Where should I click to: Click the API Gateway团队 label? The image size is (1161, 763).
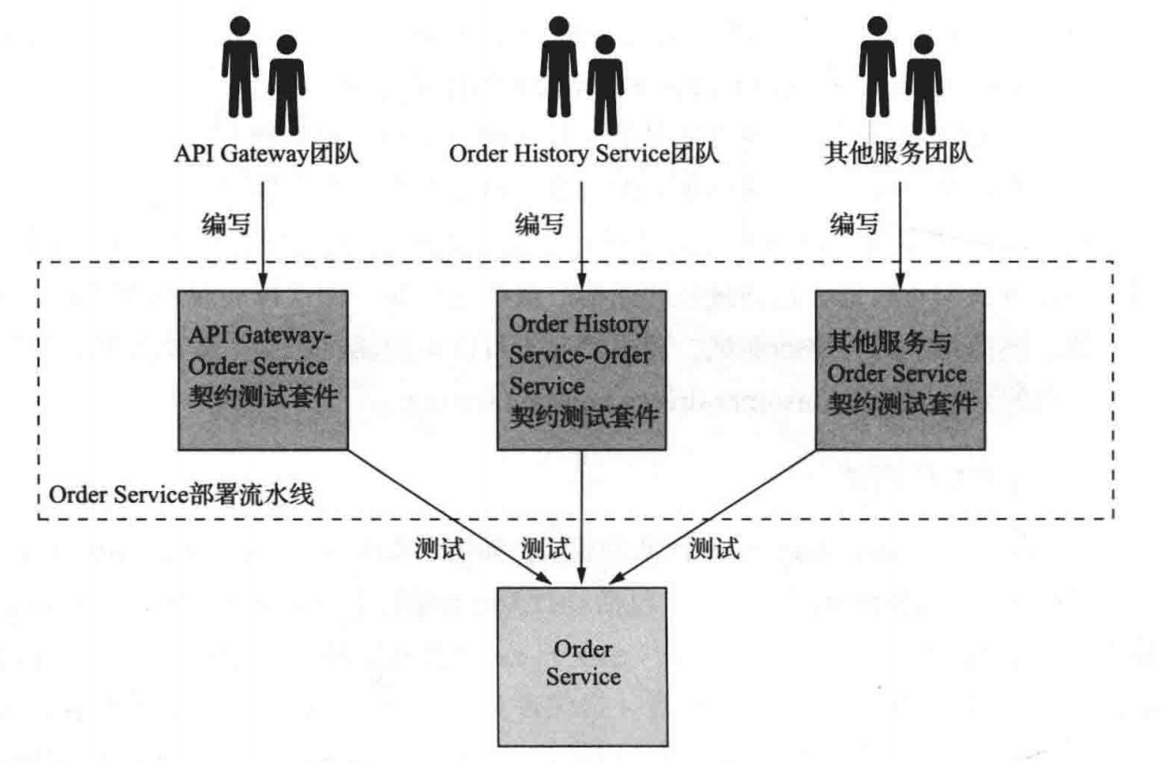pyautogui.click(x=266, y=153)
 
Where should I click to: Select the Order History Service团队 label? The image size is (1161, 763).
pyautogui.click(x=584, y=153)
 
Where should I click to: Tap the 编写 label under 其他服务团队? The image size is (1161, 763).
pyautogui.click(x=854, y=224)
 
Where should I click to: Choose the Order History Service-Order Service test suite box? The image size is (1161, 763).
pyautogui.click(x=581, y=370)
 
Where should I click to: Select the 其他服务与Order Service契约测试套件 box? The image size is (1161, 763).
pyautogui.click(x=899, y=370)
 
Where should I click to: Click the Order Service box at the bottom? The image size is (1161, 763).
pyautogui.click(x=582, y=665)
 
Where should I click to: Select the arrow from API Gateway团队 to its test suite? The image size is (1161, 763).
pyautogui.click(x=263, y=234)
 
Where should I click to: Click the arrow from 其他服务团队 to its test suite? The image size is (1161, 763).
pyautogui.click(x=899, y=234)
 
